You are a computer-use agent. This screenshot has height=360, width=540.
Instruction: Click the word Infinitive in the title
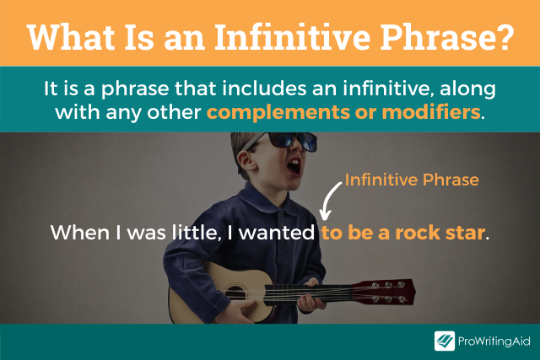click(292, 37)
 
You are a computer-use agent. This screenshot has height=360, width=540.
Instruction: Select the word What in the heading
click(71, 37)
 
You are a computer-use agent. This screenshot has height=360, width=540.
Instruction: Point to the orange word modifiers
click(431, 112)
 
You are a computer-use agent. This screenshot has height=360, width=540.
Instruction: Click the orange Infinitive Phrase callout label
click(412, 180)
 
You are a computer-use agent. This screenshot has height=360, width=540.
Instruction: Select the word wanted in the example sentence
click(277, 233)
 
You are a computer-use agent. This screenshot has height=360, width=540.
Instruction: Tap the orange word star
click(465, 233)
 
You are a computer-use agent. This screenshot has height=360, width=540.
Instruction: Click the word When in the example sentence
click(80, 233)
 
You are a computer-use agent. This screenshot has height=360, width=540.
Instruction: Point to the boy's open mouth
click(294, 167)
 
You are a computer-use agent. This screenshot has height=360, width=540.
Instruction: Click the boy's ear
click(246, 161)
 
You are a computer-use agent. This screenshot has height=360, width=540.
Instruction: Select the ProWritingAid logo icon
click(445, 341)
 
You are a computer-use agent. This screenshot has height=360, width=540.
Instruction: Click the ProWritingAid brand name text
click(494, 341)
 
